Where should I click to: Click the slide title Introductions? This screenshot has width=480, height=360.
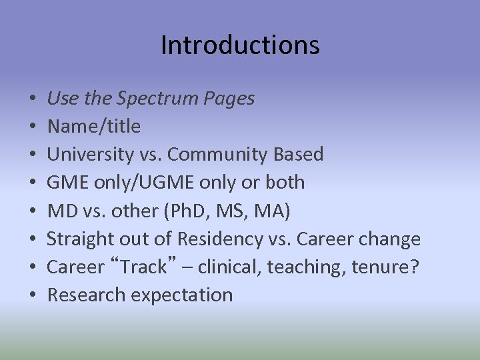(x=240, y=45)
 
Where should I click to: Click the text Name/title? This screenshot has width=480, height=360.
(x=94, y=126)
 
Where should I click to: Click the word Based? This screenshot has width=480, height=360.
(x=299, y=154)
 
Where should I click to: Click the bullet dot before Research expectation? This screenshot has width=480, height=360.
(x=33, y=295)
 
